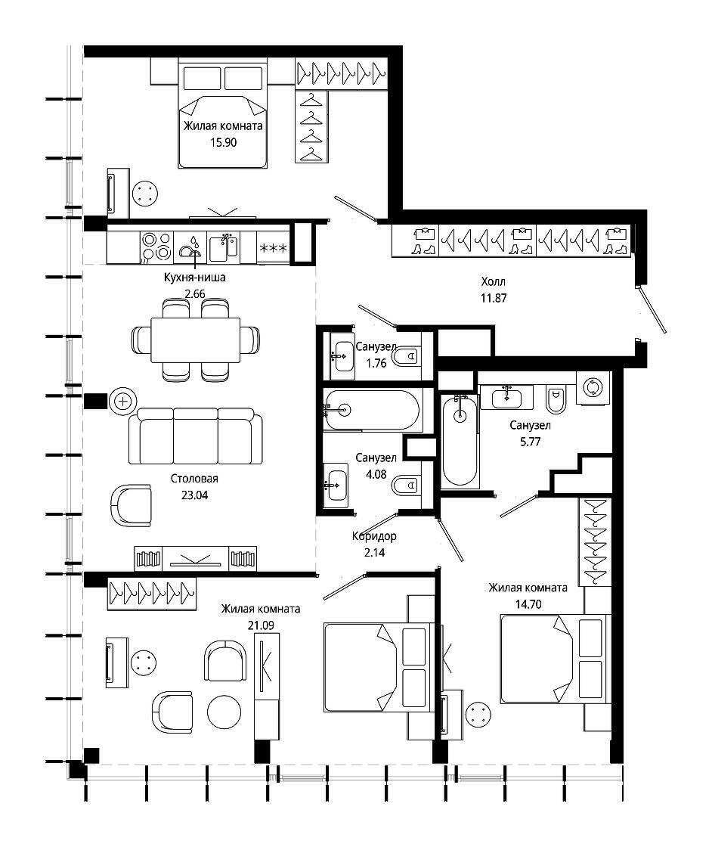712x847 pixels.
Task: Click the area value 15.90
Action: (223, 143)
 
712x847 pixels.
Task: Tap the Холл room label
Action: (494, 281)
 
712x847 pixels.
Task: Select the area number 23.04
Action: (194, 495)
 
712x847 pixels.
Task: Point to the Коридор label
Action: (374, 536)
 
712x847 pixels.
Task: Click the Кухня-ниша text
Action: (195, 278)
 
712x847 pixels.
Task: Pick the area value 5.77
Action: (530, 442)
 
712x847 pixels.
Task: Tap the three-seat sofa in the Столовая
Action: (196, 436)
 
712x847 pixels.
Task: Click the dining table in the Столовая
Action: (196, 340)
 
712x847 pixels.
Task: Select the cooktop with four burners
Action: (156, 247)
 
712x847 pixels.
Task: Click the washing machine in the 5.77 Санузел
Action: (593, 387)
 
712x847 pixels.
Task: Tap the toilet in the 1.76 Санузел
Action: (406, 356)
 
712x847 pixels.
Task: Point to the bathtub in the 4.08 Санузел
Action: (371, 411)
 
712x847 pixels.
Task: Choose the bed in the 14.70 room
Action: (556, 659)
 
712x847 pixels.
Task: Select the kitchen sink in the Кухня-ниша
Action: (223, 247)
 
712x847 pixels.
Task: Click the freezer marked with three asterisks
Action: (273, 247)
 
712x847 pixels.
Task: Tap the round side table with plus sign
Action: (123, 402)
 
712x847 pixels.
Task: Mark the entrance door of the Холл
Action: (652, 309)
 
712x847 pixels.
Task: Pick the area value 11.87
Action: (494, 298)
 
